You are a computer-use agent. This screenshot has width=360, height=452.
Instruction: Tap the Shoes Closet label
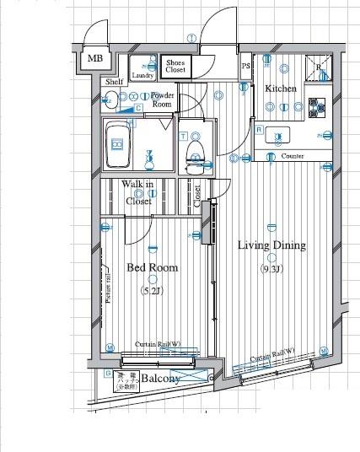pos(175,66)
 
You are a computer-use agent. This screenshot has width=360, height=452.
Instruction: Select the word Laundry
pos(142,75)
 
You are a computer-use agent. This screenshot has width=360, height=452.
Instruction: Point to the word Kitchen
pos(281,89)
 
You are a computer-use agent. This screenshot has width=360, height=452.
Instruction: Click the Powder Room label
pos(162,100)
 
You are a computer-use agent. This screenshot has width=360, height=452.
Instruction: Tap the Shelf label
pos(114,83)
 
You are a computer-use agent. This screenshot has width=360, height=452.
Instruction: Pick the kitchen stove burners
pos(318,106)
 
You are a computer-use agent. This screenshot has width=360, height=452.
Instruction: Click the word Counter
pos(293,157)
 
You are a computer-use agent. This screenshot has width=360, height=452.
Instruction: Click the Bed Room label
pos(153,267)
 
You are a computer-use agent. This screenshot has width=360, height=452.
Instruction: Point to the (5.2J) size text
pos(152,291)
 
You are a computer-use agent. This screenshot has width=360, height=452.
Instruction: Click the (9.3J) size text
pos(271,270)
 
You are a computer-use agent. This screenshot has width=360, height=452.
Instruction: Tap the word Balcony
pos(159,379)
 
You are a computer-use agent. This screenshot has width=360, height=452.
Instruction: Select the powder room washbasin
pos(110,102)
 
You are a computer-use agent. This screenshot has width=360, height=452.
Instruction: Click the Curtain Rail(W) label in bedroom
pos(159,344)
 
